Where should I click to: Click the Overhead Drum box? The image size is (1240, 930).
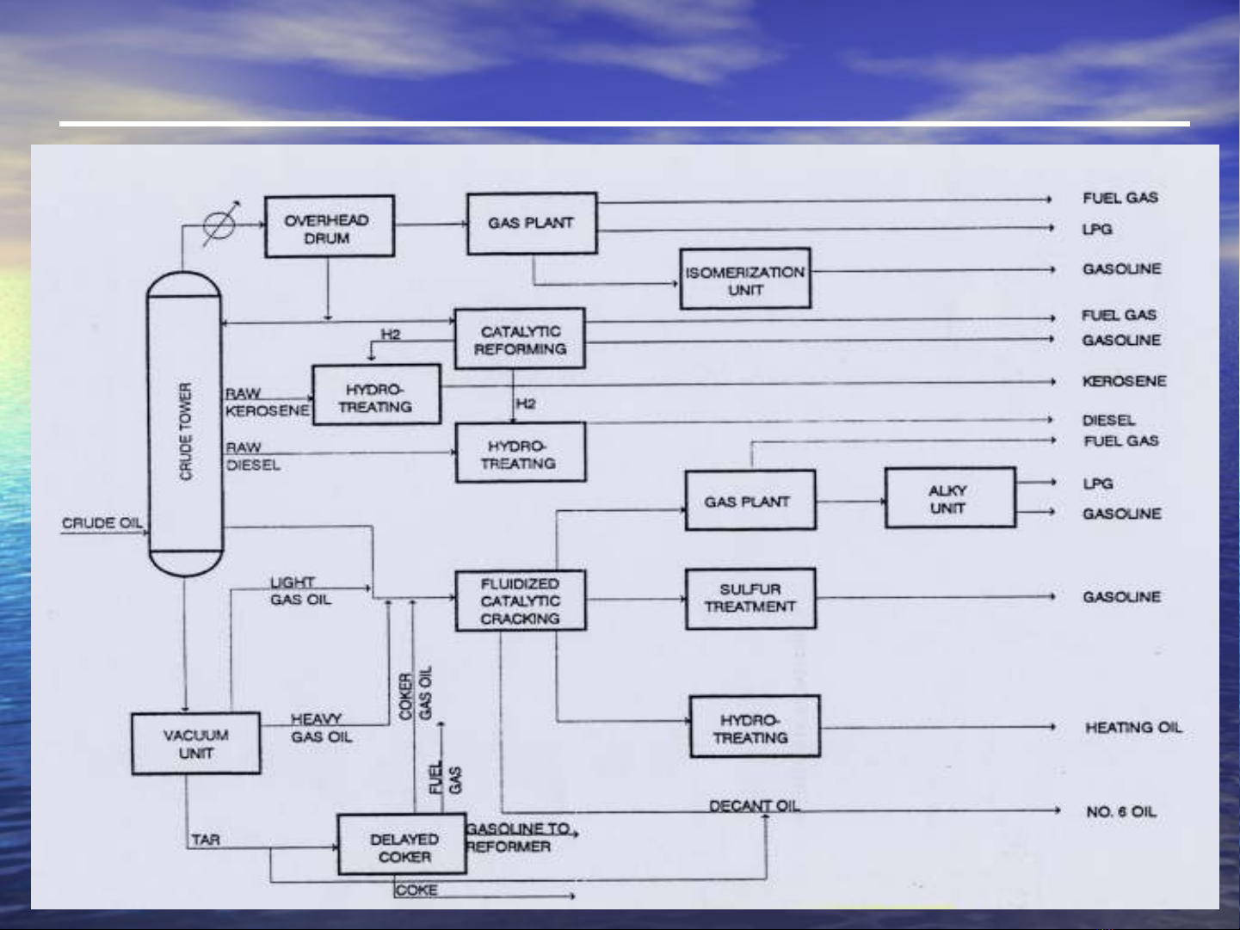[329, 226]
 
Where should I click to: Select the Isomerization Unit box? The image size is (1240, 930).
[744, 279]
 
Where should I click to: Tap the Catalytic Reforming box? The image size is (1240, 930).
[520, 339]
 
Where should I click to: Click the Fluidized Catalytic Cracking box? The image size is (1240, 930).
[520, 600]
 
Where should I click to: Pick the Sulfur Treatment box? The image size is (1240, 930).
[750, 598]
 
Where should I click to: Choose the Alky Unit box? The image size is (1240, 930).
[949, 498]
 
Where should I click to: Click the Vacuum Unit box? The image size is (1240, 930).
[195, 743]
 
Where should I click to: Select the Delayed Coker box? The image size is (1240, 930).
[402, 845]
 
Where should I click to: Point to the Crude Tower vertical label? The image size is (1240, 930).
[186, 430]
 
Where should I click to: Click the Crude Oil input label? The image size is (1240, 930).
[102, 523]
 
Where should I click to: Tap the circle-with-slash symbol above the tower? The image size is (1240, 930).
[219, 225]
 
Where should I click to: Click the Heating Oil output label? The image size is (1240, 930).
[1133, 728]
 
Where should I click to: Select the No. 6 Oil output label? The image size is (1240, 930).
[1120, 811]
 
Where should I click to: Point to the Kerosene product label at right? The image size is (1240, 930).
[1124, 381]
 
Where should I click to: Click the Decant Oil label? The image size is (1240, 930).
[754, 805]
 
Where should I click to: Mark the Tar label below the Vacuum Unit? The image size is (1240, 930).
[206, 839]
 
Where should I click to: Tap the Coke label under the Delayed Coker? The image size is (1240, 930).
[416, 890]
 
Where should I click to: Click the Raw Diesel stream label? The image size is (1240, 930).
[252, 456]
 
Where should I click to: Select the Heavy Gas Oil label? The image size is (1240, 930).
[320, 728]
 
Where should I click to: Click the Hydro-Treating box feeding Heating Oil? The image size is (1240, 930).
[754, 728]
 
